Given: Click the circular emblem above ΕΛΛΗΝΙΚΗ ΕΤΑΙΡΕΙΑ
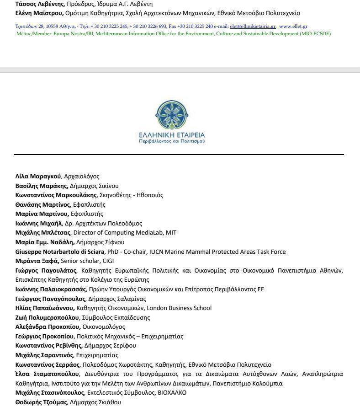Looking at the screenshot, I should tap(172, 115).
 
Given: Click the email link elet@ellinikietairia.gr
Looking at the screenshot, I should tap(253, 27).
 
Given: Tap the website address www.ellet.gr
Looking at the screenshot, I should tap(293, 27).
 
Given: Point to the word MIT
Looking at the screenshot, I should tap(171, 232).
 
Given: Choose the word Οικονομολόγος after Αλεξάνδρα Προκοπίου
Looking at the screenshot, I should tap(104, 327).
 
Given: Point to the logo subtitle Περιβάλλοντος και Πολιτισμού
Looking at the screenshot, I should tap(172, 142).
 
